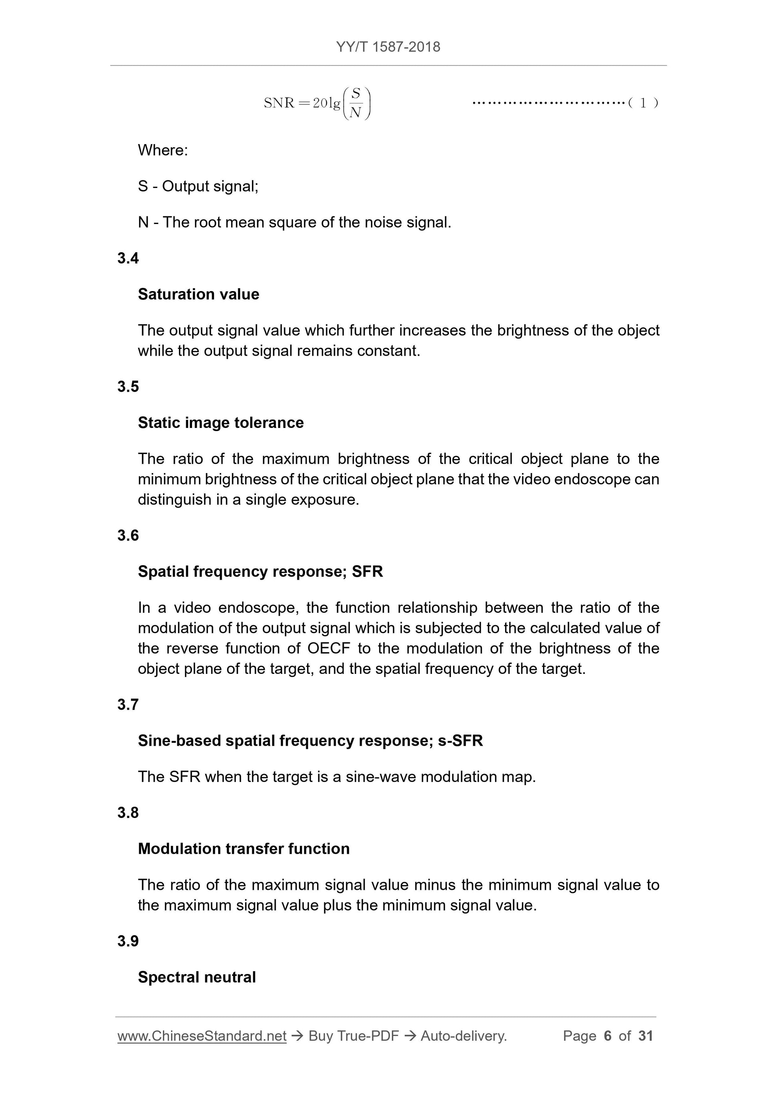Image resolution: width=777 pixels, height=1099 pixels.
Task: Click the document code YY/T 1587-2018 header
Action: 388,47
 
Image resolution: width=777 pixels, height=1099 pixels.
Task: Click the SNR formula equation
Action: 317,103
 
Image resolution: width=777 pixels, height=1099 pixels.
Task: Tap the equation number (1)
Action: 643,103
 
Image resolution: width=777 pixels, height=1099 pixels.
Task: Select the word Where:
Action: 163,150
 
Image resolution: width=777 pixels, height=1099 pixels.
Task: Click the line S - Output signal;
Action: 198,186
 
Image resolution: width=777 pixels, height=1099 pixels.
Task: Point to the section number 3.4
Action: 128,258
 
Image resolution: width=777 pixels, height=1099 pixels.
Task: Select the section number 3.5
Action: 128,387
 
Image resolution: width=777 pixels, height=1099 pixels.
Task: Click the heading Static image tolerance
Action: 221,423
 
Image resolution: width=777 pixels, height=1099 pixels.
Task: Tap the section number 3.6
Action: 128,536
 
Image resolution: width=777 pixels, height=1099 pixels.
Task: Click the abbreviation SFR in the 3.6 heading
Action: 367,572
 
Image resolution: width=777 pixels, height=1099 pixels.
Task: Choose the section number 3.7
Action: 128,705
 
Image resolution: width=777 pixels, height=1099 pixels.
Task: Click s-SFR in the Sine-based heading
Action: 460,741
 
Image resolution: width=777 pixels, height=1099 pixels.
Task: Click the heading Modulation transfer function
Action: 244,849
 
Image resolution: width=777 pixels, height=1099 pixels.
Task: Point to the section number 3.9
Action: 128,941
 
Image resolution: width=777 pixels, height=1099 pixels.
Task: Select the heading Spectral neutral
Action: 197,977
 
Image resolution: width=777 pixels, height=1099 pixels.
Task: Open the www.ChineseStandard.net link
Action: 202,1036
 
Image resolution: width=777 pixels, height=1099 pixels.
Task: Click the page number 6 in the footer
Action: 608,1036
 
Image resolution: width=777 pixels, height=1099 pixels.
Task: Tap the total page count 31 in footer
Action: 645,1036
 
